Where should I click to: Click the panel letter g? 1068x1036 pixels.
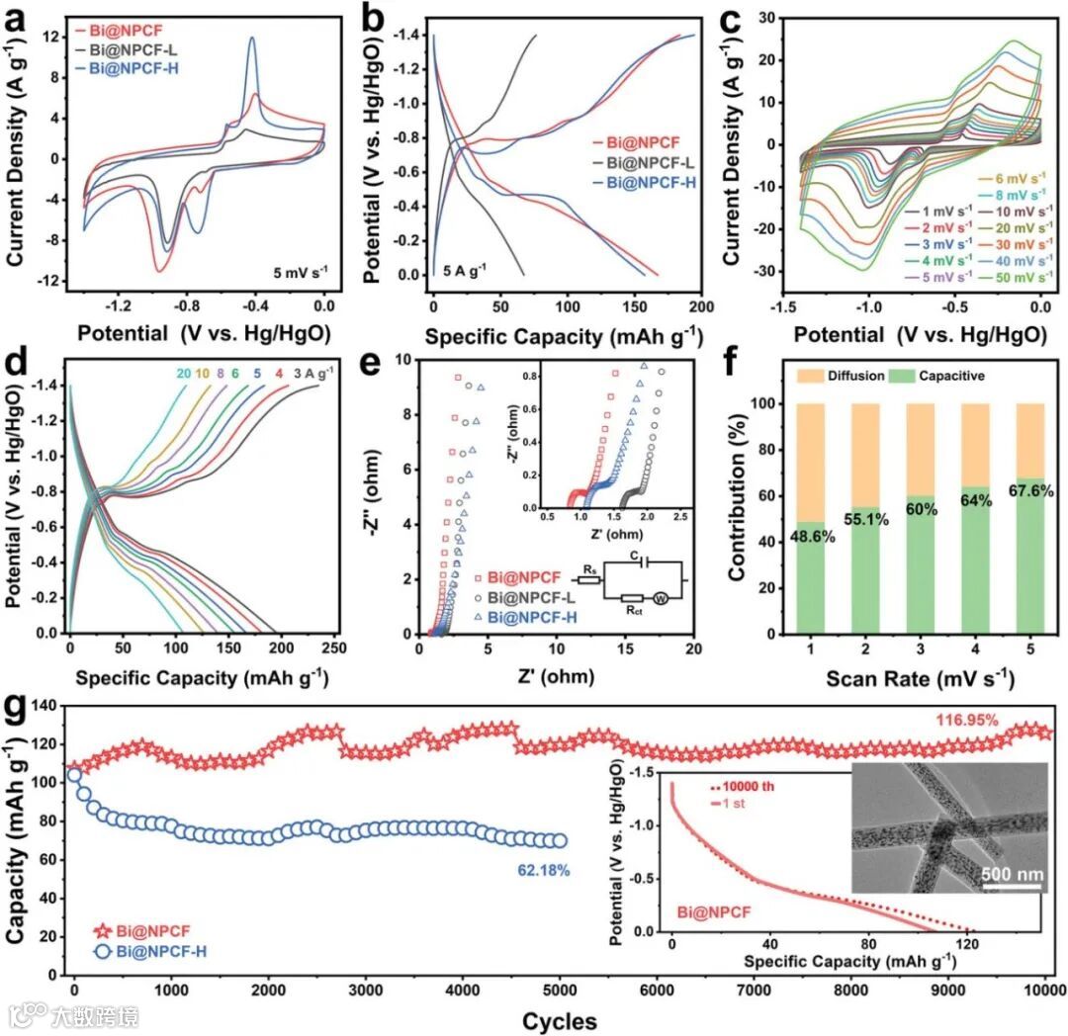[15, 710]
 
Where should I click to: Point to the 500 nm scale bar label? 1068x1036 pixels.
[1011, 874]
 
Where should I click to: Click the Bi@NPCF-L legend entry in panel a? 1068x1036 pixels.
[125, 48]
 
